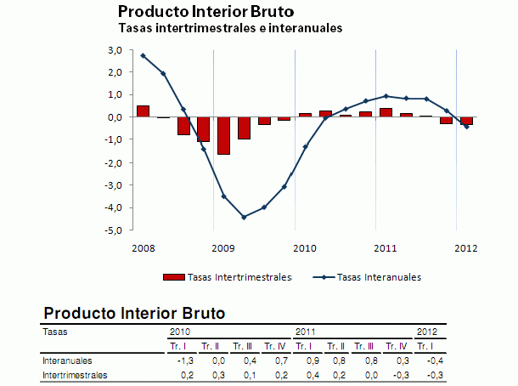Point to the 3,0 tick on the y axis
115,50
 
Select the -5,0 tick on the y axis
114,230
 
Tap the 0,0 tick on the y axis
115,118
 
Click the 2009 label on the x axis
223,248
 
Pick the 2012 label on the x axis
466,248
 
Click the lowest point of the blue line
244,217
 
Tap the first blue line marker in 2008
143,55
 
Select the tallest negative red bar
224,136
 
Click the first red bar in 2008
143,111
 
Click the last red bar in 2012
466,121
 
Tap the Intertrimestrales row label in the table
75,374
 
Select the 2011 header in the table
306,331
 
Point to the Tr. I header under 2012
428,345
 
